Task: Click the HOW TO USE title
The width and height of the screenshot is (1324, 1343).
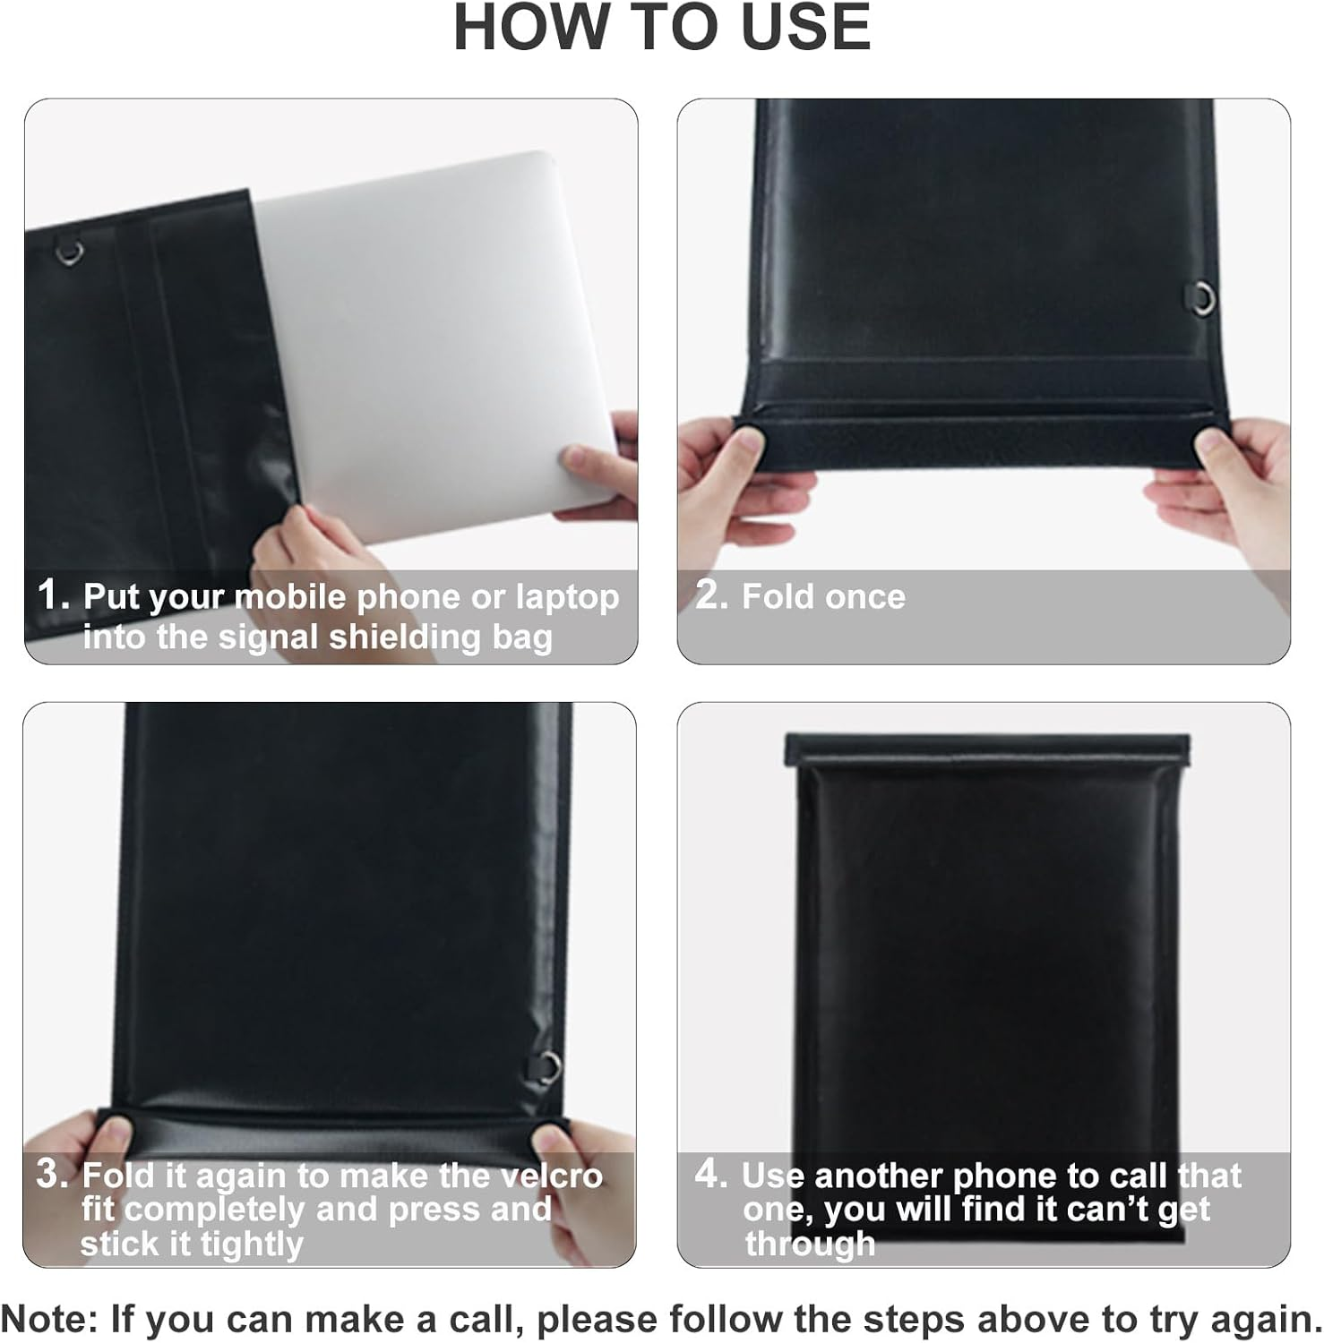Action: [x=662, y=27]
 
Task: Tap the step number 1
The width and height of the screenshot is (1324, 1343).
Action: [x=53, y=595]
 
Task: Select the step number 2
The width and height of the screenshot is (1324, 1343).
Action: [x=712, y=595]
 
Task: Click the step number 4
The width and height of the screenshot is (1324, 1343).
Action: [x=712, y=1174]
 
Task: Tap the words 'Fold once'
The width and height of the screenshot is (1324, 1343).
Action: [x=823, y=596]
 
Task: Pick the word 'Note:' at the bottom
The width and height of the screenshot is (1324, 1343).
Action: [x=50, y=1320]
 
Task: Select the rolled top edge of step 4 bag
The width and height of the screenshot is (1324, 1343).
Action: [x=987, y=748]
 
